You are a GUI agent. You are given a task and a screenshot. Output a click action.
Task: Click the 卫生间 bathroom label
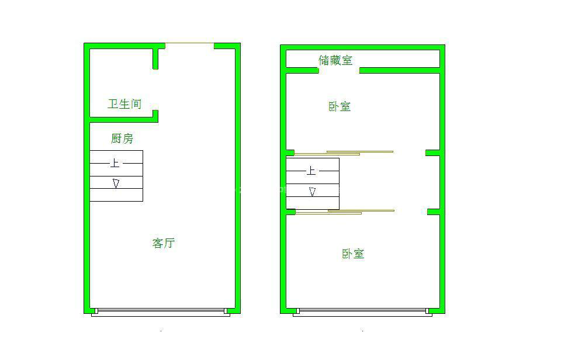(x=124, y=104)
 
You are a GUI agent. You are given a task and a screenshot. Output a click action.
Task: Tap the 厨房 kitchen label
(x=122, y=139)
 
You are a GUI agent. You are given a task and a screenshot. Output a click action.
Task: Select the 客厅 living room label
(x=164, y=243)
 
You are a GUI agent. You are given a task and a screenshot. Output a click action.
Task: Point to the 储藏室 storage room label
(x=335, y=60)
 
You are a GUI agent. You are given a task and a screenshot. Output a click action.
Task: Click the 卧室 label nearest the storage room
(x=340, y=106)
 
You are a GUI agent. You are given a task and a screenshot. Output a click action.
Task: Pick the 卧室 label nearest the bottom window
(x=353, y=254)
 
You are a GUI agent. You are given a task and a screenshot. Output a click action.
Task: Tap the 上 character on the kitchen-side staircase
(x=115, y=163)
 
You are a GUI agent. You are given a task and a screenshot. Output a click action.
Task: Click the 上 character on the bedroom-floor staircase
(x=311, y=171)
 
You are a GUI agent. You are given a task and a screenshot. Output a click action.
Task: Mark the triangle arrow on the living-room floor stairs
(x=116, y=184)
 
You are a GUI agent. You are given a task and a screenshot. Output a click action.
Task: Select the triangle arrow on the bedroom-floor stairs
(x=312, y=191)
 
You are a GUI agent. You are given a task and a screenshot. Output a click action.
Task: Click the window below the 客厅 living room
(x=161, y=312)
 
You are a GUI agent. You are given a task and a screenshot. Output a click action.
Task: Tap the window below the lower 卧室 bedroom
(x=362, y=312)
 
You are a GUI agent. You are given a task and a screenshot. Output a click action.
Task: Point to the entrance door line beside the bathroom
(x=189, y=43)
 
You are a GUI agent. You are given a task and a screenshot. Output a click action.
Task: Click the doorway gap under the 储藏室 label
(x=339, y=70)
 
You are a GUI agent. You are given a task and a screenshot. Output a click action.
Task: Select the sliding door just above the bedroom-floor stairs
(x=344, y=153)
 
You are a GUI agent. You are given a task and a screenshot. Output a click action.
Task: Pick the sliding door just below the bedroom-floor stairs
(x=345, y=212)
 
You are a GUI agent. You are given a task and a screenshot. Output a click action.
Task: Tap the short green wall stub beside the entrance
(x=155, y=58)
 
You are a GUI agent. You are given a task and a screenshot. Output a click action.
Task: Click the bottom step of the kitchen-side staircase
(x=116, y=195)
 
